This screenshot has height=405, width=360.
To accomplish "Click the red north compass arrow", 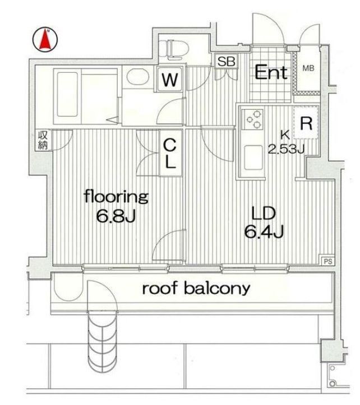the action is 45,40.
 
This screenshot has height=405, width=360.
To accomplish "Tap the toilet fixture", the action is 173,49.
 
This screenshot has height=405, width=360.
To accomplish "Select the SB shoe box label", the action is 227,62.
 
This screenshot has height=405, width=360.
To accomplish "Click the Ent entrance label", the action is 271,73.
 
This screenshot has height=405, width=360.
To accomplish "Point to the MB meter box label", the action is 308,68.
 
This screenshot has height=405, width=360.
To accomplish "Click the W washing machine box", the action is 170,80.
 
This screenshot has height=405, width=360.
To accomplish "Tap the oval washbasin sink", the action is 137,77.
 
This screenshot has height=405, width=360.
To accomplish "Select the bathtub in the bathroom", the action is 68,95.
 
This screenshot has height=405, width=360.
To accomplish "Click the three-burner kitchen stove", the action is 252,119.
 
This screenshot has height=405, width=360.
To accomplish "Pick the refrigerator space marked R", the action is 306,123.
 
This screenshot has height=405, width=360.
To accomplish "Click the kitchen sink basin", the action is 253,157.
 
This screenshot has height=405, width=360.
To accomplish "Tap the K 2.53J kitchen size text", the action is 286,142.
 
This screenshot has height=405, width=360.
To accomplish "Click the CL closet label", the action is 170,153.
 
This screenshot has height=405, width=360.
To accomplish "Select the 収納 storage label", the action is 43,140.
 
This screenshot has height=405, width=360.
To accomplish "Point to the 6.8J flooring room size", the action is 116,216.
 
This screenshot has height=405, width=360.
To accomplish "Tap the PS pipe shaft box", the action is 327,262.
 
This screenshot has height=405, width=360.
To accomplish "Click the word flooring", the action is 116,197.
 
